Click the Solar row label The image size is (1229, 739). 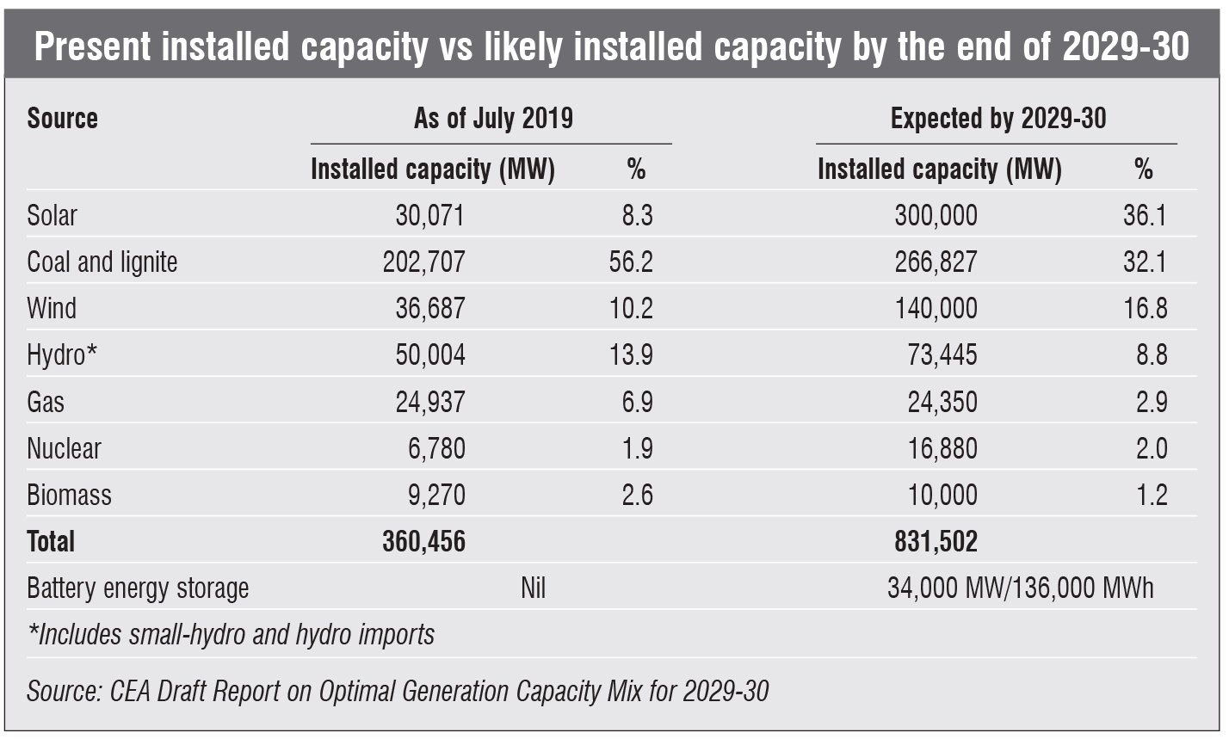[x=52, y=215]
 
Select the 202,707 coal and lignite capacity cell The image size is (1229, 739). [x=423, y=262]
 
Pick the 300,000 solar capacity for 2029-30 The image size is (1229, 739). [x=936, y=215]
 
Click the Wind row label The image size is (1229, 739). [x=52, y=308]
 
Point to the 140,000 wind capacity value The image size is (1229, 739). [x=936, y=308]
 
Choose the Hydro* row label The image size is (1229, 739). [x=62, y=354]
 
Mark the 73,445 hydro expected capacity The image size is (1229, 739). [x=942, y=354]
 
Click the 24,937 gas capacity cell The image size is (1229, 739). [x=429, y=402]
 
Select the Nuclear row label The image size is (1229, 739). [x=64, y=448]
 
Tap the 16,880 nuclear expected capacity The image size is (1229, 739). [x=942, y=448]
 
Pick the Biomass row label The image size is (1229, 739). [x=69, y=496]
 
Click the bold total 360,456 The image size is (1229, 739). [x=423, y=541]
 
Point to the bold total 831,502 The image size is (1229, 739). [x=936, y=541]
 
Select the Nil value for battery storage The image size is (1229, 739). [x=533, y=588]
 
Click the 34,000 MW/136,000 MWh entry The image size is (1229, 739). [x=1020, y=588]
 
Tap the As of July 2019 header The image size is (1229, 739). [x=493, y=118]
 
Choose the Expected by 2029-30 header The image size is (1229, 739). [x=998, y=118]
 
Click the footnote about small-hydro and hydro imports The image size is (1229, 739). [x=231, y=635]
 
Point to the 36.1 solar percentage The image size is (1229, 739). [x=1145, y=215]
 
